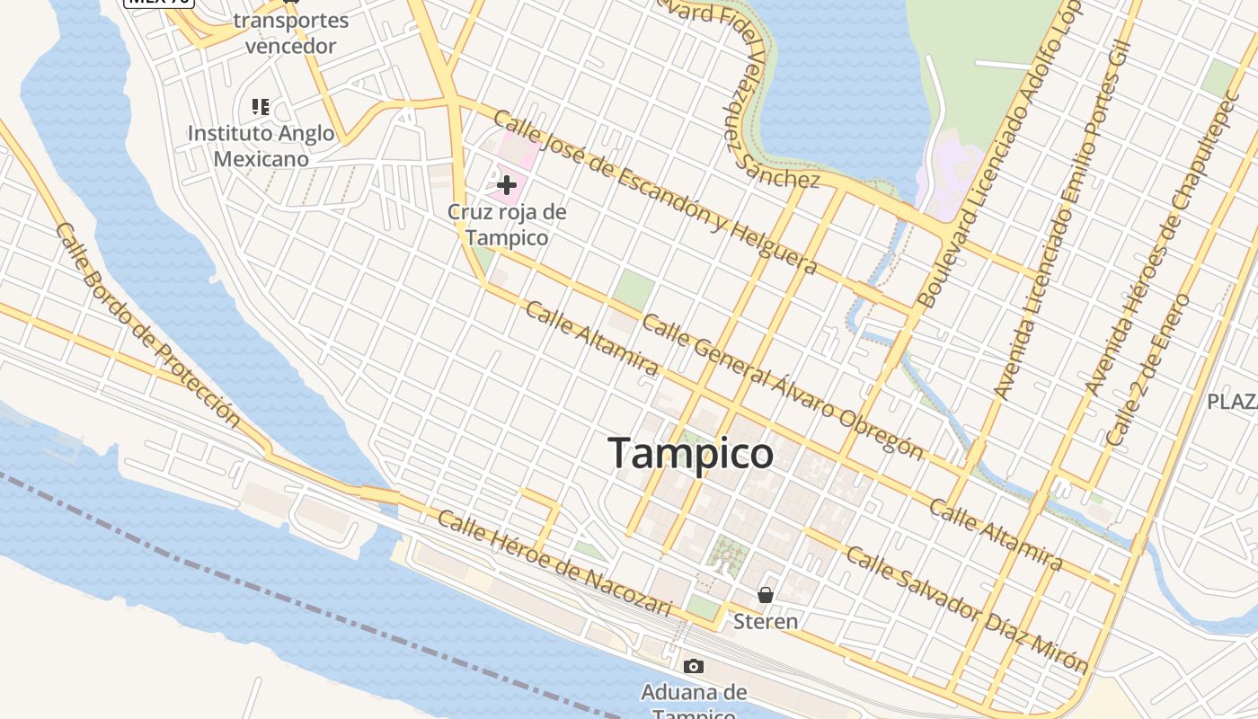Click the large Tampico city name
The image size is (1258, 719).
click(690, 453)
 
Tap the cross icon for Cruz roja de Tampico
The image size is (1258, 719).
click(507, 186)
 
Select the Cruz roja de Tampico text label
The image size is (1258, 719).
click(507, 225)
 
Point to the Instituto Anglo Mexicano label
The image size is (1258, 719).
click(261, 146)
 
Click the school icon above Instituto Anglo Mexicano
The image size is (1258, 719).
click(261, 108)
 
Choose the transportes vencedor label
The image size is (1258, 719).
click(290, 33)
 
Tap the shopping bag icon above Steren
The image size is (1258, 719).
click(766, 595)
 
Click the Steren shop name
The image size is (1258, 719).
click(766, 621)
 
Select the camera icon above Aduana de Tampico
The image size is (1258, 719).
click(694, 666)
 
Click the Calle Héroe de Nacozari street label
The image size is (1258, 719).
click(554, 564)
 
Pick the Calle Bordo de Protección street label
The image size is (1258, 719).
click(148, 324)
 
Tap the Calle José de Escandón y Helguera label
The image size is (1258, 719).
click(655, 192)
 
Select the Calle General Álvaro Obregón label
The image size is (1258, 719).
click(782, 386)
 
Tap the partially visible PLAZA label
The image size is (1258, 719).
click(1232, 401)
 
